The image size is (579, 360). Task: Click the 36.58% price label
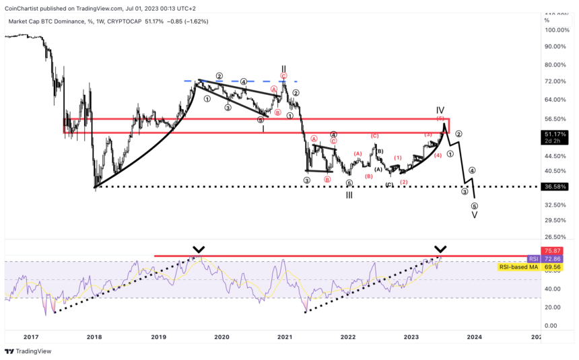tap(555, 186)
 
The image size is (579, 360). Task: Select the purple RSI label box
tap(533, 259)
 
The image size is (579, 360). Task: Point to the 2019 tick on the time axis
tap(158, 336)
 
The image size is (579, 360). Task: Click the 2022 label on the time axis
tap(347, 336)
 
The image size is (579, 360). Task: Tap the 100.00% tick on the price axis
tap(558, 30)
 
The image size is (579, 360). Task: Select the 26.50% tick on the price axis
tap(556, 237)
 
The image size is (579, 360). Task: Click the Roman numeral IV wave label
tap(440, 110)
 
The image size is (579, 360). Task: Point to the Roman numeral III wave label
tap(349, 195)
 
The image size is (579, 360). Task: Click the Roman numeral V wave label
tap(474, 215)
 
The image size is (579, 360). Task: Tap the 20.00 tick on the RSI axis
tap(551, 308)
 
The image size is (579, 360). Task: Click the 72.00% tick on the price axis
tap(556, 81)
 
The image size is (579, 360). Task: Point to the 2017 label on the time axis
tap(31, 336)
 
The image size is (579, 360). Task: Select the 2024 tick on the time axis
tap(473, 336)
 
